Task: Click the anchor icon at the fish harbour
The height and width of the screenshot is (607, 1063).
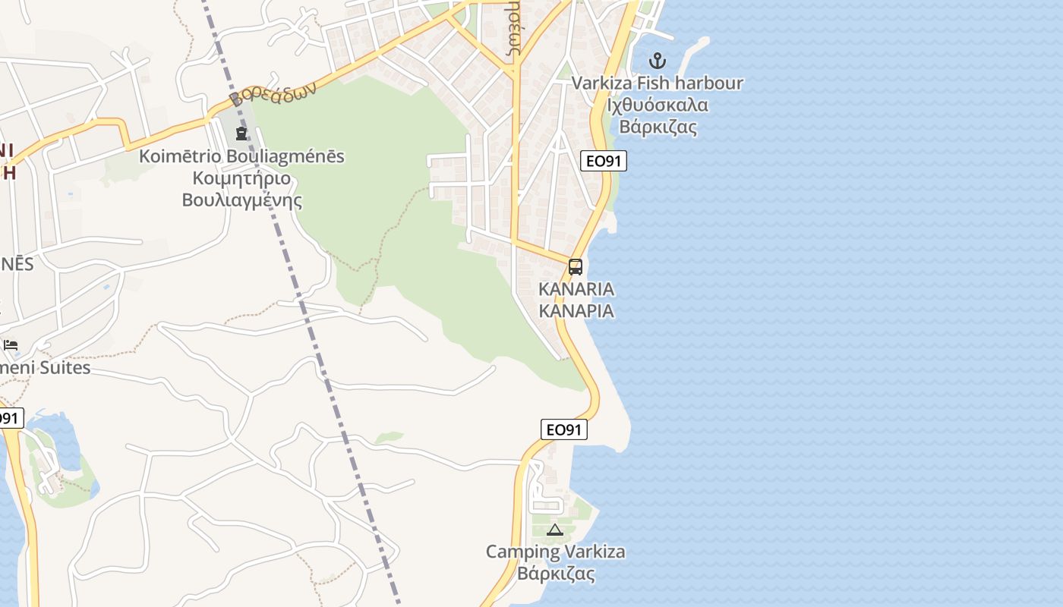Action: [x=657, y=60]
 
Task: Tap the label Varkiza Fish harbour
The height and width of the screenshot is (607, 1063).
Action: [x=657, y=83]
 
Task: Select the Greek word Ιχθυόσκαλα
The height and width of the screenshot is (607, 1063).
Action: [x=658, y=105]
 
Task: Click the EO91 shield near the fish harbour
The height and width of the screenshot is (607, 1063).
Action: [x=604, y=161]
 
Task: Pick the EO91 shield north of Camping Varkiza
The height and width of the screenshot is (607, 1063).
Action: [x=564, y=429]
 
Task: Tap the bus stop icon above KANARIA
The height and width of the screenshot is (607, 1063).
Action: [x=576, y=267]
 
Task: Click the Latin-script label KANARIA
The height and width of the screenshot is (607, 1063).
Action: [x=576, y=289]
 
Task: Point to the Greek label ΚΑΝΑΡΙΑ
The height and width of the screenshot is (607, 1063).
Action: [x=576, y=311]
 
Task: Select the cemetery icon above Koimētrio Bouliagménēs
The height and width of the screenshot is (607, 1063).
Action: [x=241, y=134]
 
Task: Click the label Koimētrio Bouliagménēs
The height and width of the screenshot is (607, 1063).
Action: [x=241, y=157]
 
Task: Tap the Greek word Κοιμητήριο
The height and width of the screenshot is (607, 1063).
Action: [x=241, y=179]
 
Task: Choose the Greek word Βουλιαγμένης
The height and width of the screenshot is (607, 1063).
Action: [x=241, y=200]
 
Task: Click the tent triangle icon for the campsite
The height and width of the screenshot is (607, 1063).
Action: [x=554, y=530]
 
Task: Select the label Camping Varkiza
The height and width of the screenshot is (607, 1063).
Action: [x=556, y=552]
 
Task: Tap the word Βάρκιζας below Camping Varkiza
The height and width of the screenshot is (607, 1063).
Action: [x=556, y=573]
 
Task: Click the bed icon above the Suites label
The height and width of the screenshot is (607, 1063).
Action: [x=11, y=345]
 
